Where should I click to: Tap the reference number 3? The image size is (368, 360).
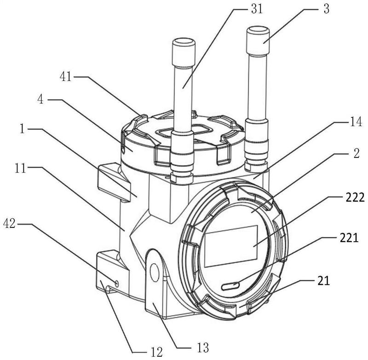click(x=326, y=9)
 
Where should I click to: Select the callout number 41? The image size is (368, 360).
click(x=66, y=76)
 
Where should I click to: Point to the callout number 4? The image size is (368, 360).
click(x=40, y=99)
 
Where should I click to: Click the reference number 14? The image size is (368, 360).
click(x=356, y=122)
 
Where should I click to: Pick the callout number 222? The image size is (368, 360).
click(x=355, y=197)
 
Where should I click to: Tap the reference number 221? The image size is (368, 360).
click(x=349, y=238)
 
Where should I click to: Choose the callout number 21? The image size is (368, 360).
click(x=324, y=280)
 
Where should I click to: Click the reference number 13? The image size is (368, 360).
click(x=203, y=347)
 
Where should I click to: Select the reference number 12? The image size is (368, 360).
click(x=156, y=352)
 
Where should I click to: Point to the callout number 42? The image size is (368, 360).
click(x=9, y=224)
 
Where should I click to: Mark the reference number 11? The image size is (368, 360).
click(x=20, y=168)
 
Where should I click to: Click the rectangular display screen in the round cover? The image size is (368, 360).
click(x=231, y=246)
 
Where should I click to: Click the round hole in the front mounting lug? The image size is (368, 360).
click(x=154, y=273)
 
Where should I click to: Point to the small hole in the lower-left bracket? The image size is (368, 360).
click(x=117, y=284)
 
